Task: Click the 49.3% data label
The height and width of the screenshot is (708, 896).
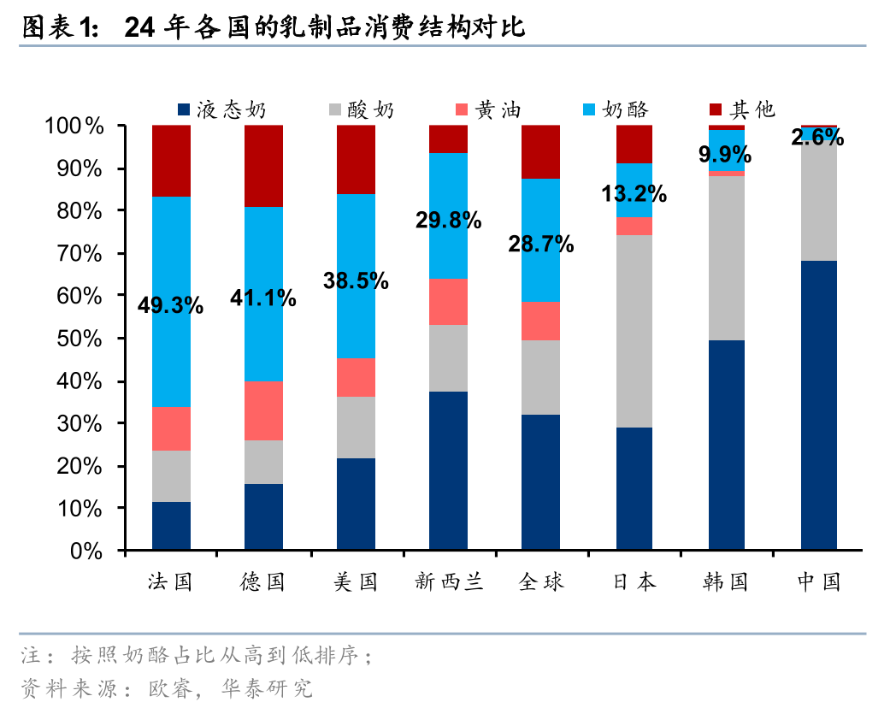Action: coord(171,305)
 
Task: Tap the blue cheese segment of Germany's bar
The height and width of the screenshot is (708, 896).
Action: coord(263,257)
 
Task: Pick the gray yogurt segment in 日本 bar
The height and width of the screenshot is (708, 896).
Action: coord(634,331)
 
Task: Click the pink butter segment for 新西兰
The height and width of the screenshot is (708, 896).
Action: coord(448,301)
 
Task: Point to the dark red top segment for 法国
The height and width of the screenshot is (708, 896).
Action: coord(171,161)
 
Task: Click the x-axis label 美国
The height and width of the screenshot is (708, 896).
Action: coord(356,582)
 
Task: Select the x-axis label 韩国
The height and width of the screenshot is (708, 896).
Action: coord(726,582)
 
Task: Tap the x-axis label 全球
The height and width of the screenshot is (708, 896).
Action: coord(541,582)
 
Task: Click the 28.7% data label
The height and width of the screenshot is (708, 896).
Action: coord(541,245)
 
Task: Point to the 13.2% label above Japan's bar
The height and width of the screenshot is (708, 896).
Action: coord(634,193)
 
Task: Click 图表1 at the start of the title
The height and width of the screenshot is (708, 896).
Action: coord(58,29)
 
